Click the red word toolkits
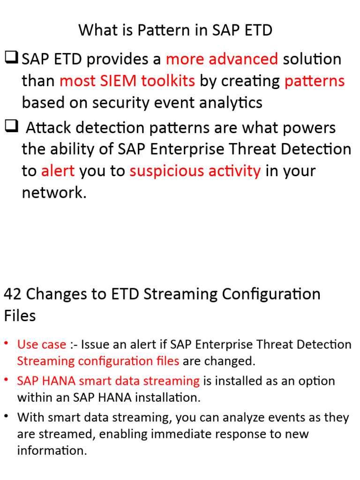point(172,81)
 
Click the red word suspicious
point(162,171)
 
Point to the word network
point(53,193)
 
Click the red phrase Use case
point(41,345)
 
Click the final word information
point(52,451)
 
